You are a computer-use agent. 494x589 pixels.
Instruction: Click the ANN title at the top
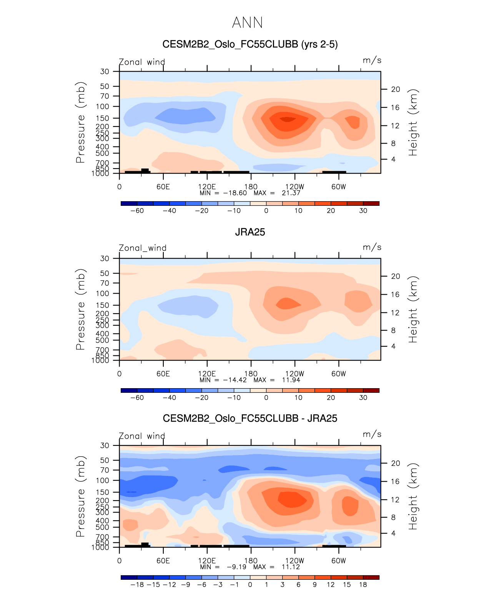click(x=248, y=23)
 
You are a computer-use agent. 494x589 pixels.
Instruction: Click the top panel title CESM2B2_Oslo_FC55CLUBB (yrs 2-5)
click(x=250, y=44)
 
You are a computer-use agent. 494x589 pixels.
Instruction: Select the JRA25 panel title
click(x=250, y=232)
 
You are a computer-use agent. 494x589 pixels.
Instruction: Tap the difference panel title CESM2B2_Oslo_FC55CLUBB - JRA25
click(x=250, y=418)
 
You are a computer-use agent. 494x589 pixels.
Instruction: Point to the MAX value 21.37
click(x=291, y=193)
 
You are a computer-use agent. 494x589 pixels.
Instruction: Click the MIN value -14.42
click(x=235, y=380)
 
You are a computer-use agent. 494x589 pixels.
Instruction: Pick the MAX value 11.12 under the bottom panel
click(x=291, y=567)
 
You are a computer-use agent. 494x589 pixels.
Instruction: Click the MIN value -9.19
click(x=236, y=567)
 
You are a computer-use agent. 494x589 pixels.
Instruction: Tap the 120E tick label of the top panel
click(x=207, y=187)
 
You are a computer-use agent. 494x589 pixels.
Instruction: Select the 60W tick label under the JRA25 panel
click(x=339, y=374)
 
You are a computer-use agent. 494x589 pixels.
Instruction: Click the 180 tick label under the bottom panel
click(x=251, y=561)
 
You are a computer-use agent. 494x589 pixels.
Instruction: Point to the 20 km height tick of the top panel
click(x=396, y=89)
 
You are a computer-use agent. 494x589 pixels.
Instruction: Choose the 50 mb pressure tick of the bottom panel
click(x=105, y=461)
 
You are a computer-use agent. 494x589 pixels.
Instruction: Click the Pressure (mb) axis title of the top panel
click(x=80, y=122)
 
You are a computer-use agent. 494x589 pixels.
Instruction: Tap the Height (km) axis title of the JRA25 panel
click(x=413, y=309)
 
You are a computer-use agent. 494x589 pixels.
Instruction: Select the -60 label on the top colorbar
click(x=137, y=211)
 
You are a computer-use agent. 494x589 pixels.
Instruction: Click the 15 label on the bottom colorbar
click(x=347, y=585)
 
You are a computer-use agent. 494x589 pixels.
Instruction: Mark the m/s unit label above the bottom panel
click(x=372, y=434)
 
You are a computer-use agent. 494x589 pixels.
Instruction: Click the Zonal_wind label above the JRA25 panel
click(x=142, y=248)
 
